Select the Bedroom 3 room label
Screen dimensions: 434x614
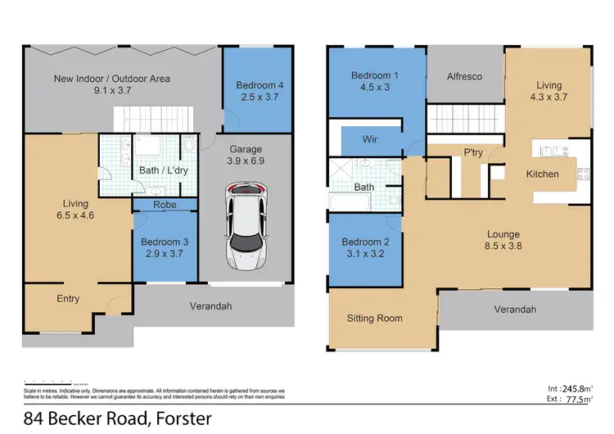(x=165, y=247)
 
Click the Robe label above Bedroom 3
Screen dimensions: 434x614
(x=165, y=205)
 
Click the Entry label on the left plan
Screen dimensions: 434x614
(x=68, y=299)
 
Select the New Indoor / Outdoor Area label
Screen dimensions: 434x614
(x=102, y=85)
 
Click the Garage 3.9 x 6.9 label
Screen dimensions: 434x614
(x=245, y=155)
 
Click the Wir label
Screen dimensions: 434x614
(x=370, y=139)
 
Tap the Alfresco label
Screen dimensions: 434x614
(x=464, y=76)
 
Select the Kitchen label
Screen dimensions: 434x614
(x=542, y=174)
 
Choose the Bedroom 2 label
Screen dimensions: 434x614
(x=362, y=248)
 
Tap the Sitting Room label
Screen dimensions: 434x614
(x=374, y=319)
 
